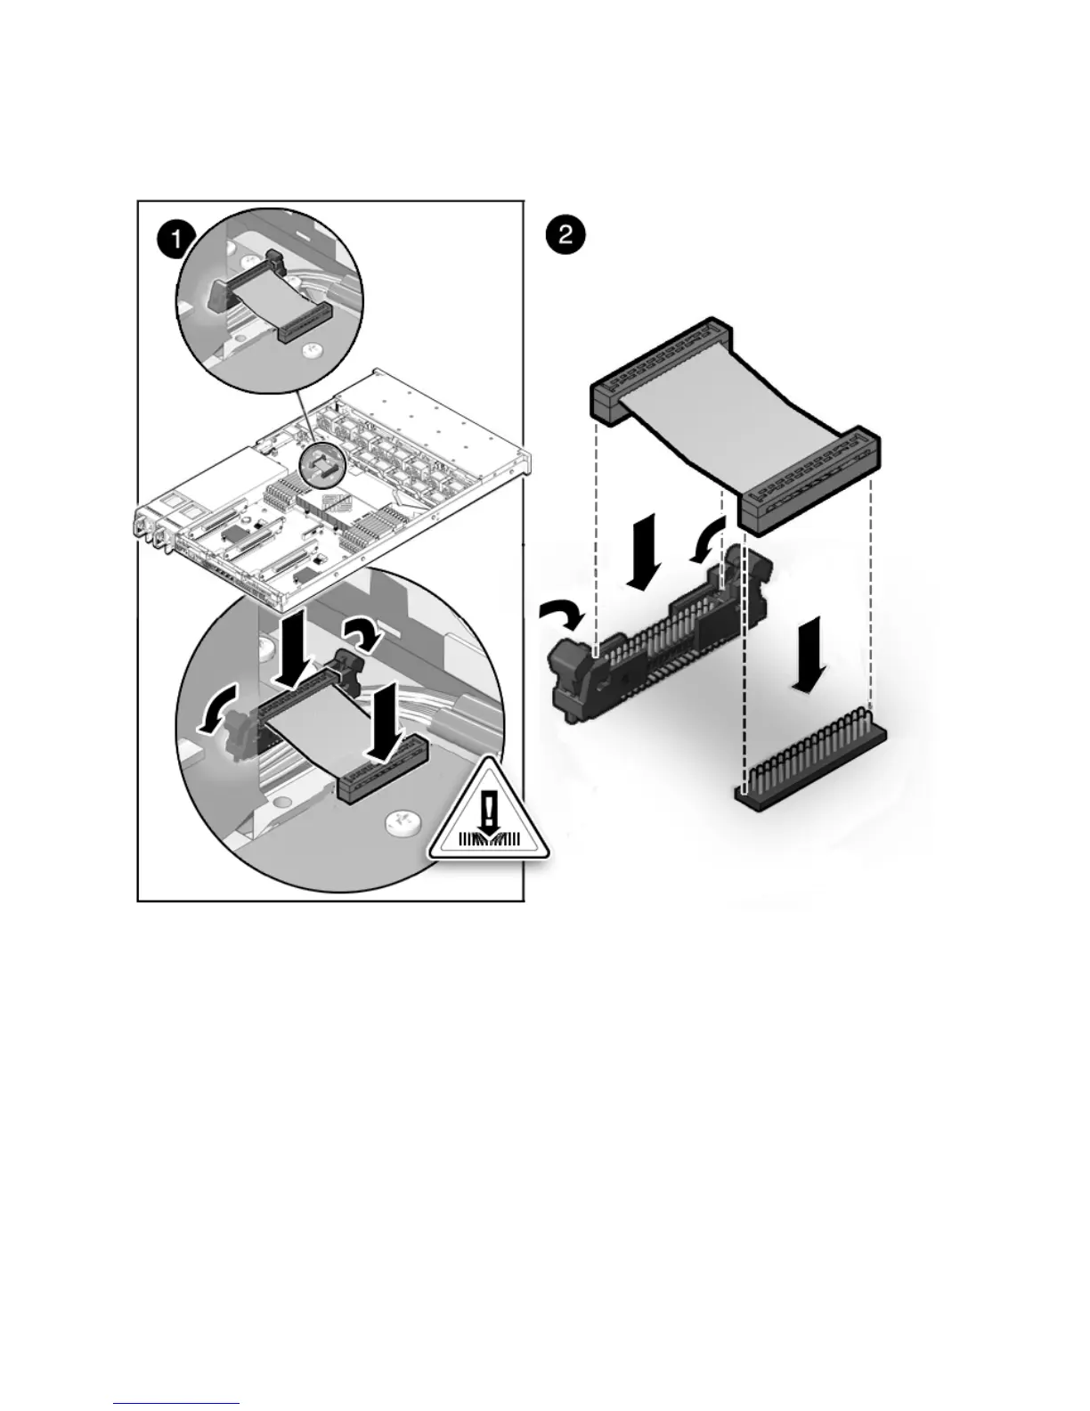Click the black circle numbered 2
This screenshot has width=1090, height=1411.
(x=565, y=236)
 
